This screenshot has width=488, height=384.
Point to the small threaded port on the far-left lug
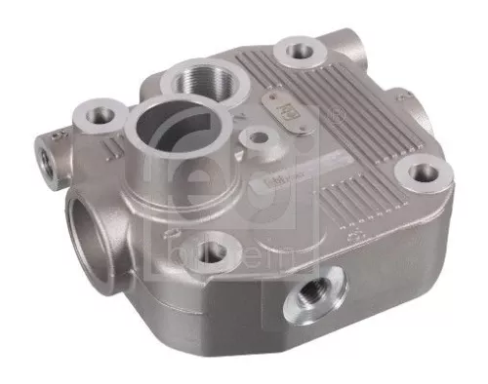[x=45, y=152]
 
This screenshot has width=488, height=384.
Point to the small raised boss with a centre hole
[x=259, y=136]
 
